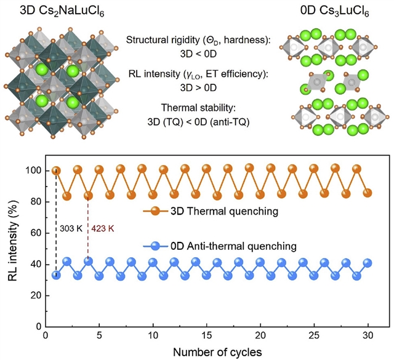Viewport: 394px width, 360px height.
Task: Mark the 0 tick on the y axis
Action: click(38, 326)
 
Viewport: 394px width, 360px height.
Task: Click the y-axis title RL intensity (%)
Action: click(13, 248)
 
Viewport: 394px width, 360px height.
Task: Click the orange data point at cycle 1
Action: click(56, 170)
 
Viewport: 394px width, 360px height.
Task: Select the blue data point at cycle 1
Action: click(56, 274)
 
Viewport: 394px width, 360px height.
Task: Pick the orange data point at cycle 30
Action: click(368, 193)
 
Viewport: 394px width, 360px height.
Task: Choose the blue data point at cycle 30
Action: click(368, 263)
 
